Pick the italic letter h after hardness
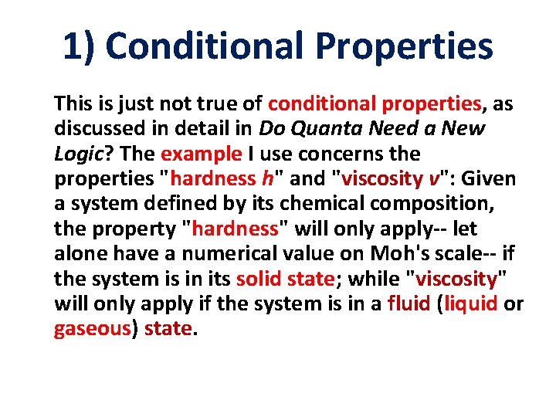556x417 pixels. pyautogui.click(x=267, y=178)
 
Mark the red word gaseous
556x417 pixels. pyautogui.click(x=90, y=330)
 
